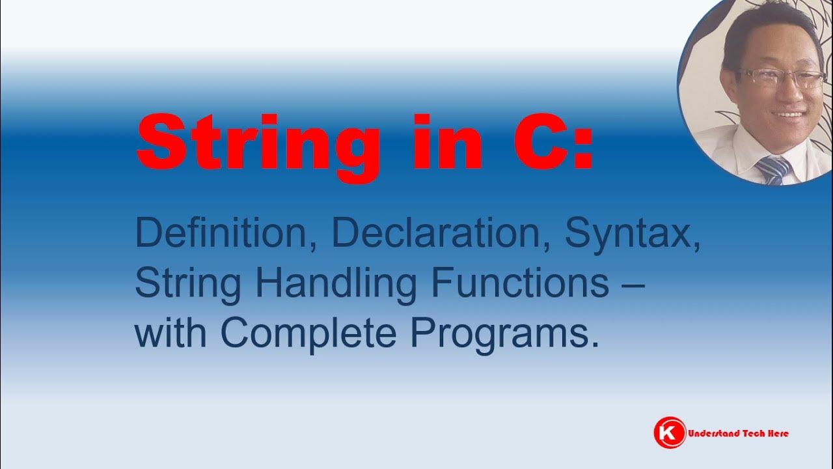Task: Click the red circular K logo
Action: (670, 433)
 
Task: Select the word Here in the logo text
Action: (778, 433)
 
